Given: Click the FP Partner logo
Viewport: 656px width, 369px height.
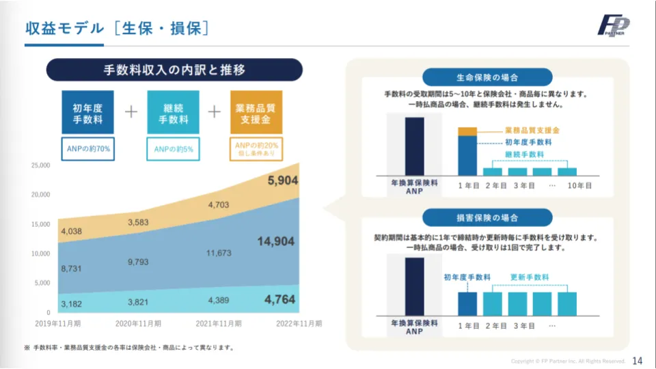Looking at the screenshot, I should click(x=614, y=26).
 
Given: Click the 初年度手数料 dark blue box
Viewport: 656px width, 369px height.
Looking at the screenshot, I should click(x=87, y=112).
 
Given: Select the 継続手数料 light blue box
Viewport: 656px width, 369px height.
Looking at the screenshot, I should click(x=173, y=112).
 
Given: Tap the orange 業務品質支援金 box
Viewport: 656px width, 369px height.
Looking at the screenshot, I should click(x=256, y=112).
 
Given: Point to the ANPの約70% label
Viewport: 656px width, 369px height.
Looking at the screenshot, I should click(x=87, y=149).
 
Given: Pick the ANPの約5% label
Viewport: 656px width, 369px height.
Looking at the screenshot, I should click(x=173, y=149).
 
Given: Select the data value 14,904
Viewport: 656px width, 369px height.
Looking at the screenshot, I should click(x=276, y=241).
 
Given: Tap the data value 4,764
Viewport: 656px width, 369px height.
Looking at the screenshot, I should click(x=280, y=299).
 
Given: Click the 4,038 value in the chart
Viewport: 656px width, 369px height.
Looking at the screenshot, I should click(x=72, y=232).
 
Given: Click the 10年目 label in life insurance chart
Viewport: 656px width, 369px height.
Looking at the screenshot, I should click(x=578, y=185).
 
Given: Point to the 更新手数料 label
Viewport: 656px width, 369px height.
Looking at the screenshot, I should click(x=530, y=277).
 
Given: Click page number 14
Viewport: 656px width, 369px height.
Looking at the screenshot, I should click(x=638, y=360).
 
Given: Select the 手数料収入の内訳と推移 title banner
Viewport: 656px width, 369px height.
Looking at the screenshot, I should click(x=174, y=70).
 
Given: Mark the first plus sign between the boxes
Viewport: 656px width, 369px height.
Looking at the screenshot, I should click(x=131, y=112).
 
